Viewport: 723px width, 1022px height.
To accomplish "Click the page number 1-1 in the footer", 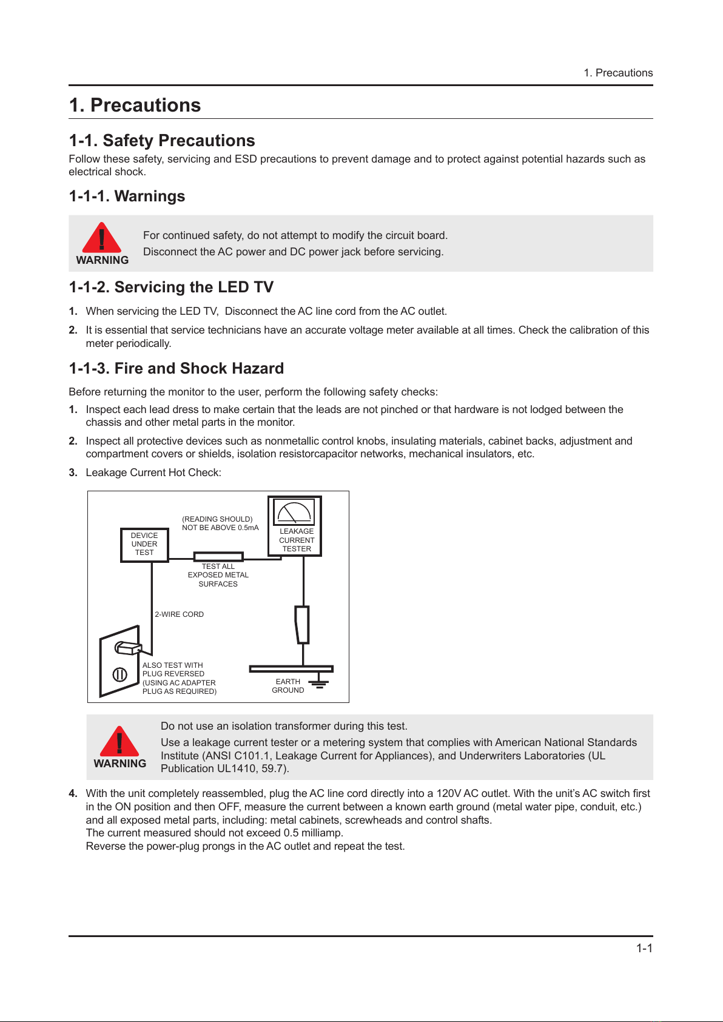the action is [x=644, y=948].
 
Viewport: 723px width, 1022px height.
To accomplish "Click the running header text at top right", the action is [x=618, y=73].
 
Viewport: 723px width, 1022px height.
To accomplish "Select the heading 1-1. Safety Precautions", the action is [x=161, y=141].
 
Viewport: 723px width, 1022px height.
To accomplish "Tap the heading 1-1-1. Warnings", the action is [x=127, y=196].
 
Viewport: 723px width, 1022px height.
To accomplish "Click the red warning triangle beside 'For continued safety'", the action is [x=102, y=238].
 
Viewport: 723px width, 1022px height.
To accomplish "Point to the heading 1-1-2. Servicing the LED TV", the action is [x=171, y=287].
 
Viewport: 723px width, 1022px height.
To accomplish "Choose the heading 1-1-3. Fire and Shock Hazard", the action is [x=176, y=368].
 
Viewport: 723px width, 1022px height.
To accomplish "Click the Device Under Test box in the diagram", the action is [x=144, y=545].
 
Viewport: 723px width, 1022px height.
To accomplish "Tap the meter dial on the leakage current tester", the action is [x=294, y=512].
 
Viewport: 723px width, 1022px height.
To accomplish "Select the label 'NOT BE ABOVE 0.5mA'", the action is [x=220, y=528].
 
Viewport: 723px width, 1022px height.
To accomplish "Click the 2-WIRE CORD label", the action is [x=180, y=614].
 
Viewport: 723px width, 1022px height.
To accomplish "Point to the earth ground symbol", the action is [x=319, y=682].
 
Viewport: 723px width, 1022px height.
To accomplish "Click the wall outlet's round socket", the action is [x=120, y=674].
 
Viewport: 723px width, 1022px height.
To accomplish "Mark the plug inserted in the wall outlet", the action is [x=128, y=647].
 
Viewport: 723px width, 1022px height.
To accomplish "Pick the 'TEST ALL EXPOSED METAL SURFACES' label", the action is [x=218, y=575].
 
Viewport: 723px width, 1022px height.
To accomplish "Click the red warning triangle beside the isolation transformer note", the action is [x=119, y=742].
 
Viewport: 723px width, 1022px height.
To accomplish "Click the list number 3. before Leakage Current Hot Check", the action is [x=73, y=472].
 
